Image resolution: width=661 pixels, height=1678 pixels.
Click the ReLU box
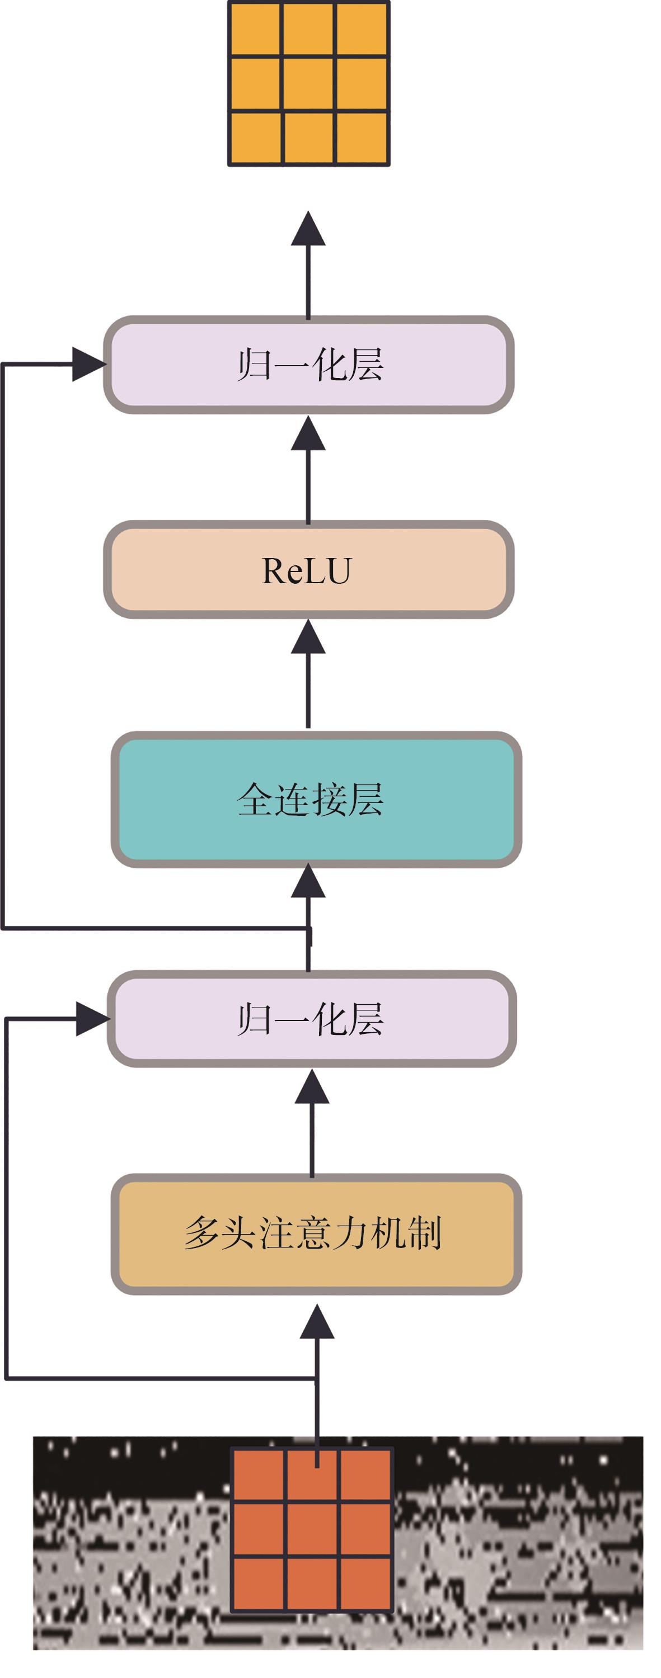(x=308, y=569)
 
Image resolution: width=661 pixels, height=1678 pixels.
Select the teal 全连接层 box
(x=316, y=799)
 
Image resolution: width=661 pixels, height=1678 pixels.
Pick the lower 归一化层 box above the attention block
(x=312, y=1019)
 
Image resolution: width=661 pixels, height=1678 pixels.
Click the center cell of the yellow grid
(x=309, y=83)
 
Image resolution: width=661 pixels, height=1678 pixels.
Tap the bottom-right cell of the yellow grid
(x=362, y=138)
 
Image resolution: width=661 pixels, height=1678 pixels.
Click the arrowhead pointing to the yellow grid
(x=308, y=229)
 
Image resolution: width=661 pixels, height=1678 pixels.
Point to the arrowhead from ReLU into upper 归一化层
(x=308, y=434)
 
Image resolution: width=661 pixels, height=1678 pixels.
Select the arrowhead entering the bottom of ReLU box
(x=308, y=637)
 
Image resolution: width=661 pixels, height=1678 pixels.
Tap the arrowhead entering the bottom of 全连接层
(x=308, y=881)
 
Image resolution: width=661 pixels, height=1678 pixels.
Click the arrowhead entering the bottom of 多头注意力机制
(x=317, y=1322)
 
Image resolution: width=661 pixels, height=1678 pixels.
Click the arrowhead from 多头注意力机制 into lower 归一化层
(x=312, y=1087)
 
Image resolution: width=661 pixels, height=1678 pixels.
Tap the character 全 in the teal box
(x=254, y=799)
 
